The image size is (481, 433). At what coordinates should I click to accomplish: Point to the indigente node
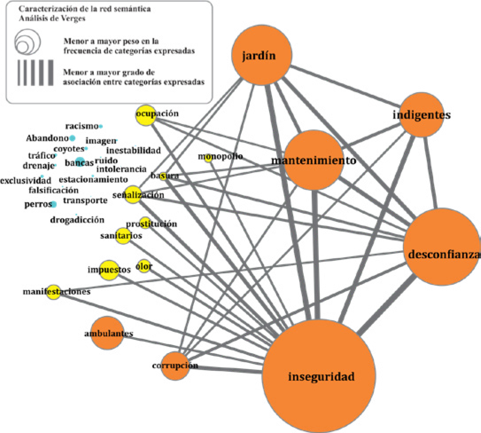click(421, 115)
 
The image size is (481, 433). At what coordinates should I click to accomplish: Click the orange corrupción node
click(175, 366)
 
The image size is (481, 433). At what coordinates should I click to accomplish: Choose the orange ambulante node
click(108, 332)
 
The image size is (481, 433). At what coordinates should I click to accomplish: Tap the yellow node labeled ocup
click(145, 115)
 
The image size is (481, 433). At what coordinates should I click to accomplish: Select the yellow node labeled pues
click(109, 270)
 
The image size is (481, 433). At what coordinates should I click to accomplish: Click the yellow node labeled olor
click(144, 266)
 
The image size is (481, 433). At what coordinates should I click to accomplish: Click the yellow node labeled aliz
click(132, 195)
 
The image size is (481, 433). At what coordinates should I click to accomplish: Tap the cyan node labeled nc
click(80, 162)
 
